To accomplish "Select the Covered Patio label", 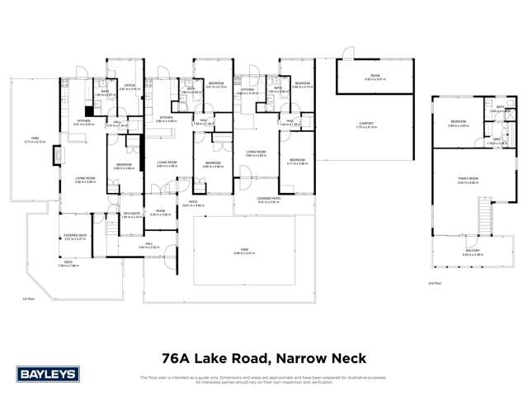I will [269, 198].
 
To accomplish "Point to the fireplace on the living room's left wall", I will [55, 154].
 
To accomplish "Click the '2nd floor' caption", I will [435, 282].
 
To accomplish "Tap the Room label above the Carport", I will [375, 76].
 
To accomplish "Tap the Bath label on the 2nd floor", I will [500, 106].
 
